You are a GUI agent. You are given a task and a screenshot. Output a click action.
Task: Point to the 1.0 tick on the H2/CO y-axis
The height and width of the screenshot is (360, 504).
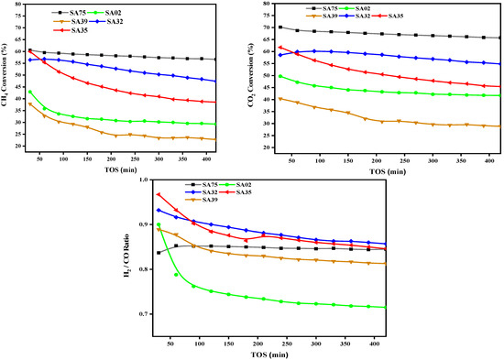click(147, 180)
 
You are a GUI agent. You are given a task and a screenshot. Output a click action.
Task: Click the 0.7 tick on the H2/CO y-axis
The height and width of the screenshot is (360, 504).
click(147, 314)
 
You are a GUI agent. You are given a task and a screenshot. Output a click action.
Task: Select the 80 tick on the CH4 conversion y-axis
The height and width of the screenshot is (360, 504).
click(18, 5)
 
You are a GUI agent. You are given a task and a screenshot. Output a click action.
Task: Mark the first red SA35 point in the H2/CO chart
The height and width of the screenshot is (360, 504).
click(159, 194)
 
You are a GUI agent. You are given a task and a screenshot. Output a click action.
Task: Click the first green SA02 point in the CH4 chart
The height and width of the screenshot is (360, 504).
click(30, 92)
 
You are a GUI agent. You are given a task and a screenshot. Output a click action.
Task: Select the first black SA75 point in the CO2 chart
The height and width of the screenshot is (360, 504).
click(280, 27)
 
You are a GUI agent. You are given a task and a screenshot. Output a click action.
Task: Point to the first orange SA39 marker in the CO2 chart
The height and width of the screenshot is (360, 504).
click(280, 98)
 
